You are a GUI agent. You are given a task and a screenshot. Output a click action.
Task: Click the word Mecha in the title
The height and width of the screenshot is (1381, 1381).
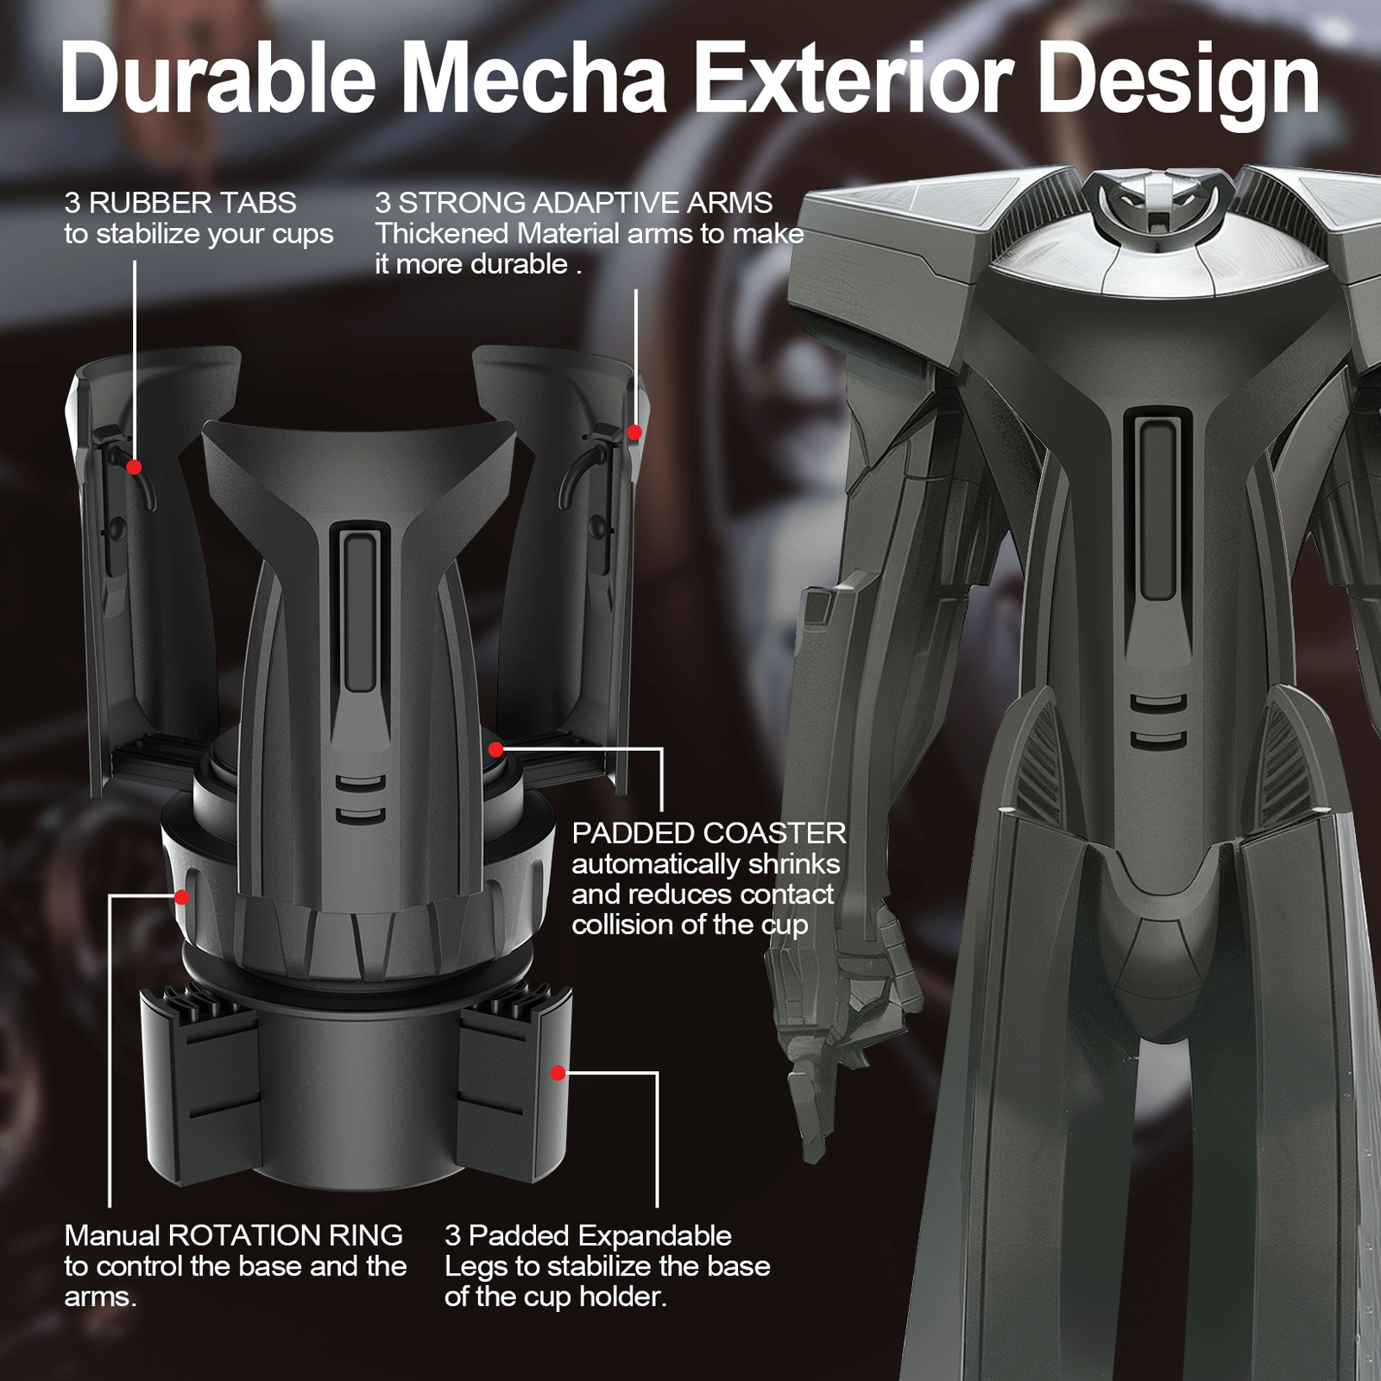click(x=535, y=79)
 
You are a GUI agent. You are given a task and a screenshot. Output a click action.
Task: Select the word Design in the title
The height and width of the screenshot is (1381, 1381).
click(x=1179, y=85)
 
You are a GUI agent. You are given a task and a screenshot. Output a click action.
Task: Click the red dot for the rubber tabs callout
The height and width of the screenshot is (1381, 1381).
click(x=134, y=467)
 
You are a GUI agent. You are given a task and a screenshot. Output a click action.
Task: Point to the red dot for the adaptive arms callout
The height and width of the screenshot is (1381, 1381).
click(x=634, y=432)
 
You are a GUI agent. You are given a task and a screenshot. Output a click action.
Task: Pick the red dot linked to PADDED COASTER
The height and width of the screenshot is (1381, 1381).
click(x=495, y=749)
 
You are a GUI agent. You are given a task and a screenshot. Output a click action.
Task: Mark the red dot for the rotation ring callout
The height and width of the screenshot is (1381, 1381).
click(x=181, y=897)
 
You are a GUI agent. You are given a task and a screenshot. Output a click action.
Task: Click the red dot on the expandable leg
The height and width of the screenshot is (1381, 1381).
click(x=558, y=1073)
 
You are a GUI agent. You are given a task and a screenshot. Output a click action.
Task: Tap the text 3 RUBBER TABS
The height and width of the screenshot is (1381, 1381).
click(x=180, y=203)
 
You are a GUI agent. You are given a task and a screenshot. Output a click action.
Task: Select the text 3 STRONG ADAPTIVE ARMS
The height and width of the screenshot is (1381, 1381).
click(x=574, y=203)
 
